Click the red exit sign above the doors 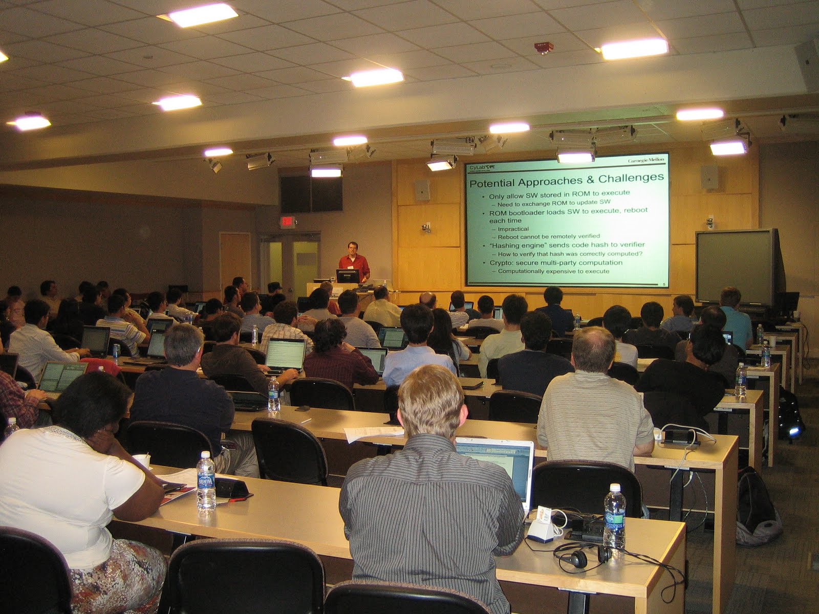click(288, 222)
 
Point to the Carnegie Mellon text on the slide click(646, 160)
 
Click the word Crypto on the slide click(500, 262)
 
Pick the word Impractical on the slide click(513, 229)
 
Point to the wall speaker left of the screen click(422, 190)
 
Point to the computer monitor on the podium click(348, 276)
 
